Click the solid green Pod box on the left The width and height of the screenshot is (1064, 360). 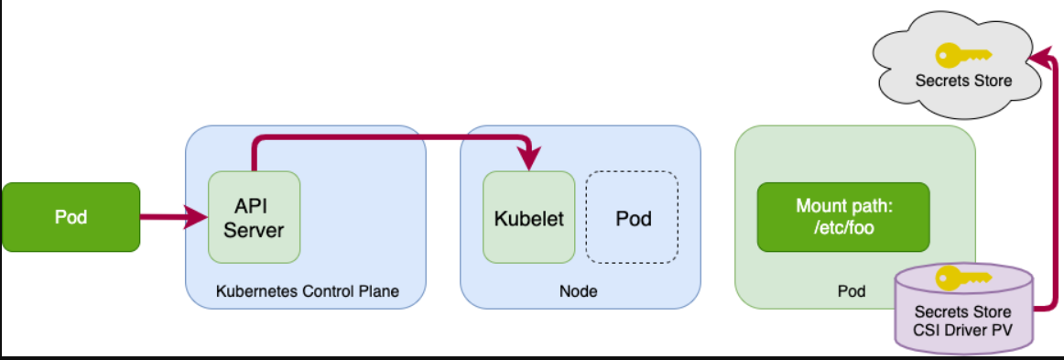pos(71,218)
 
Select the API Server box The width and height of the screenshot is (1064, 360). pos(254,217)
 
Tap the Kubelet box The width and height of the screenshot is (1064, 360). pos(528,218)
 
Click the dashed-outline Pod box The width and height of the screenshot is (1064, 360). pos(632,218)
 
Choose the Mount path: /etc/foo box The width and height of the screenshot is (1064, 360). pos(842,217)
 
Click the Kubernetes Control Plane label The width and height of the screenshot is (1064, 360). pos(307,291)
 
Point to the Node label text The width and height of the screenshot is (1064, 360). pos(578,291)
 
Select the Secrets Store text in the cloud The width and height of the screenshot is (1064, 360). pos(963,81)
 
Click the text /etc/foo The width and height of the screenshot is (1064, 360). pos(842,228)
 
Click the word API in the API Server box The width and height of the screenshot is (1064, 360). pos(253,205)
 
